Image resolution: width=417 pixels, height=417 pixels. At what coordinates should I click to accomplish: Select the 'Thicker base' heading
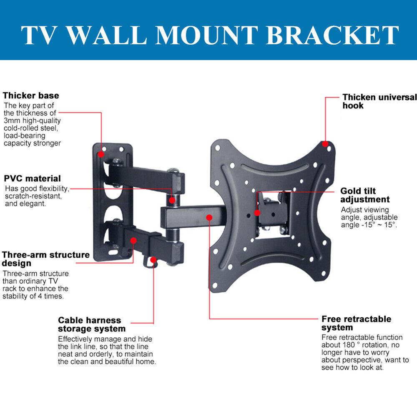[31, 96]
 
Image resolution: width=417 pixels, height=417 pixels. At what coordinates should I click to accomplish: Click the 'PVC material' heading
[33, 178]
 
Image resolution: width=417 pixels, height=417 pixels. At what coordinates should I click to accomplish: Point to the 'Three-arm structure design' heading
[45, 259]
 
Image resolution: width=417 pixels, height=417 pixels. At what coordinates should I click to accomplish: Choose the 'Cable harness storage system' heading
[92, 324]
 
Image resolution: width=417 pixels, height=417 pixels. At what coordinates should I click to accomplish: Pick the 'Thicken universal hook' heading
[379, 101]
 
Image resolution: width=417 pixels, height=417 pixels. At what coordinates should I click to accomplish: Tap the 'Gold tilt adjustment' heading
[365, 195]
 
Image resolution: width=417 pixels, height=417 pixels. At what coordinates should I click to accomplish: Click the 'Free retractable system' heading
[356, 323]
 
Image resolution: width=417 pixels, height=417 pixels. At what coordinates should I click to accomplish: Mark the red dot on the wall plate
[101, 154]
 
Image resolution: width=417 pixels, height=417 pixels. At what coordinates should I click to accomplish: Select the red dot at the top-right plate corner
[325, 144]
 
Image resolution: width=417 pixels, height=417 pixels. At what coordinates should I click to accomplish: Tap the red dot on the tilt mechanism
[257, 213]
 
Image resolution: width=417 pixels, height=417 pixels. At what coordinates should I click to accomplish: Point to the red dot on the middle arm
[209, 217]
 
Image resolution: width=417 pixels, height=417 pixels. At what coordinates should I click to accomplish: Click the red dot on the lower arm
[133, 241]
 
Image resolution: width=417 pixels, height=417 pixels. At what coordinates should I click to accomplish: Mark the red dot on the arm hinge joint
[172, 201]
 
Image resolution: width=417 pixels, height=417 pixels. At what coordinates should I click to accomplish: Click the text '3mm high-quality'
[32, 121]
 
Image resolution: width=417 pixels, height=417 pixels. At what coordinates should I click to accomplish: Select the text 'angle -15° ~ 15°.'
[369, 225]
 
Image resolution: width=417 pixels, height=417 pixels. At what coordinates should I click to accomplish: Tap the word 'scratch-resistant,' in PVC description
[33, 196]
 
